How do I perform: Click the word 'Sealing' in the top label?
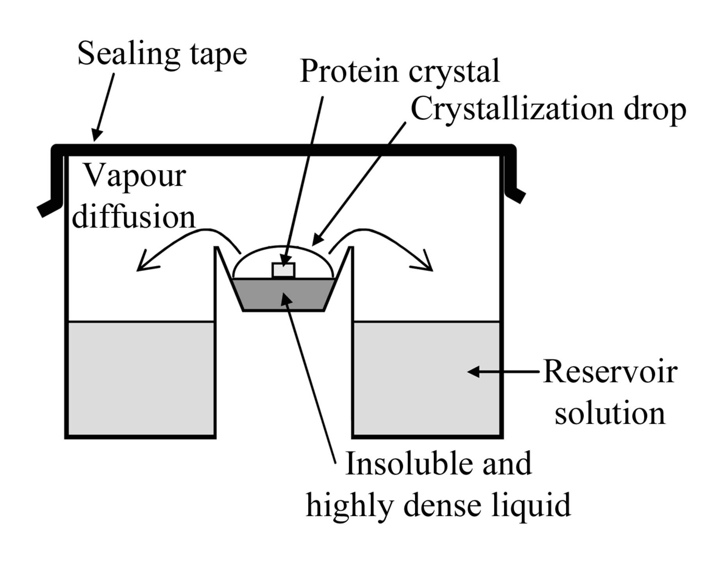click(128, 54)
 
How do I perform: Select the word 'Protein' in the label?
click(349, 71)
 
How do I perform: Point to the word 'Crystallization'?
click(512, 109)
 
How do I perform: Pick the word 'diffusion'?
click(133, 217)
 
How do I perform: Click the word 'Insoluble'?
click(408, 464)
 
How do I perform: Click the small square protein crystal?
click(283, 270)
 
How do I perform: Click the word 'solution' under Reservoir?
click(610, 414)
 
